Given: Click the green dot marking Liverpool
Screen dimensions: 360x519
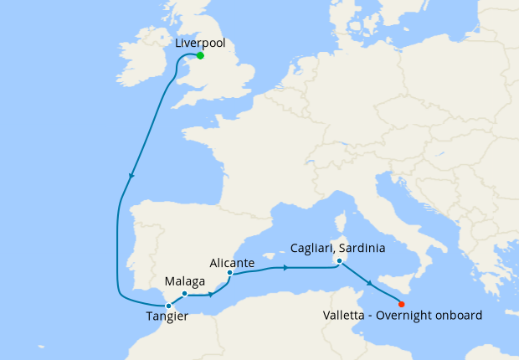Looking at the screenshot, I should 200,56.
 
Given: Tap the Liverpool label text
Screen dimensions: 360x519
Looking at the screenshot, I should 201,42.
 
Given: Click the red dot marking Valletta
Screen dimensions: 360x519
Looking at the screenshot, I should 402,304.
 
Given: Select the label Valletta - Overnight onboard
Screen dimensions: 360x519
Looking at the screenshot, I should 403,316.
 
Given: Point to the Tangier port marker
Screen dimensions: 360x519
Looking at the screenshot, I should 169,306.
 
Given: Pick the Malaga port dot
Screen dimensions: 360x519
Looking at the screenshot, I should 184,294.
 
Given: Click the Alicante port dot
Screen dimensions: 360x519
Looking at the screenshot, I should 229,272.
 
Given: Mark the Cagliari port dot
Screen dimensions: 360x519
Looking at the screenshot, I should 338,261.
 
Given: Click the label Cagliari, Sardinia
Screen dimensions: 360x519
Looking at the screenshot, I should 338,249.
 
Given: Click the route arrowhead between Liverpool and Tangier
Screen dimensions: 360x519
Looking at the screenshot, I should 131,177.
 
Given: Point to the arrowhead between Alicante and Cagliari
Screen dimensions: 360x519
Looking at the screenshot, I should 286,268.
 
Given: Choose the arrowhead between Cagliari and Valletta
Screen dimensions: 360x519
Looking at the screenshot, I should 369,285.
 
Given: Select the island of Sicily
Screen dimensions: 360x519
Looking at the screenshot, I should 382,285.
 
